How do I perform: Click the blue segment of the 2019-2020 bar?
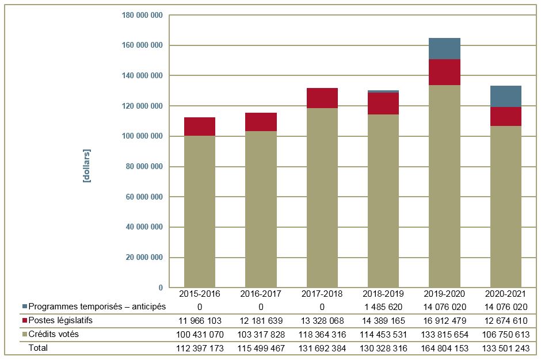pos(445,49)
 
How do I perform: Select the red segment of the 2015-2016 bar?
pos(200,127)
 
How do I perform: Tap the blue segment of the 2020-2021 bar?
pos(506,96)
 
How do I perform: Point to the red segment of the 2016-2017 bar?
pos(261,122)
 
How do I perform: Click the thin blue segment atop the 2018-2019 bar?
pos(383,91)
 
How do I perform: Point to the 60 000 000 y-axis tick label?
pos(144,197)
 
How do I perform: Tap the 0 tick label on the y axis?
pos(161,288)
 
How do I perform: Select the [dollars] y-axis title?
pos(87,166)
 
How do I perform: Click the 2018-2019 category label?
pos(383,293)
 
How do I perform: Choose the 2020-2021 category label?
pos(506,293)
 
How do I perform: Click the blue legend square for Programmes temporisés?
pos(24,307)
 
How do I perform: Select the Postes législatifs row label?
pos(60,320)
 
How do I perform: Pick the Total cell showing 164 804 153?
pos(444,348)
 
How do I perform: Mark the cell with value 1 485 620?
pos(383,307)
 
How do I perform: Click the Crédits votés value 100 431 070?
pos(200,334)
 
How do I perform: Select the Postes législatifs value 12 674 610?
pos(506,320)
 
